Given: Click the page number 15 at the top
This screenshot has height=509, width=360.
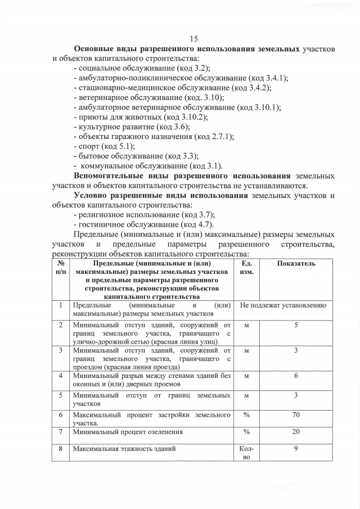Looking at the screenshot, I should point(195,38).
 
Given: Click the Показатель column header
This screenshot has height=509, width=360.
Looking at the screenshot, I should point(296,264).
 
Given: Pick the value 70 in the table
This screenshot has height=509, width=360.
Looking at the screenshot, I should point(296,415).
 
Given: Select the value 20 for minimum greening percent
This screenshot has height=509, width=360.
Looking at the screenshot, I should point(296,431).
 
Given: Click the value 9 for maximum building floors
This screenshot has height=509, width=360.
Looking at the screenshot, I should point(296,448).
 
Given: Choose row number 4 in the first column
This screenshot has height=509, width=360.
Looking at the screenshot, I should point(60,376).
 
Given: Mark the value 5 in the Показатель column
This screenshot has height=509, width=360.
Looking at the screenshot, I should point(296,325).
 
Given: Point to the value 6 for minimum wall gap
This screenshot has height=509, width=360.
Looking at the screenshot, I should point(296,376).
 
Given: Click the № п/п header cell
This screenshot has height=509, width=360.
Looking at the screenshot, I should point(60,268).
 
